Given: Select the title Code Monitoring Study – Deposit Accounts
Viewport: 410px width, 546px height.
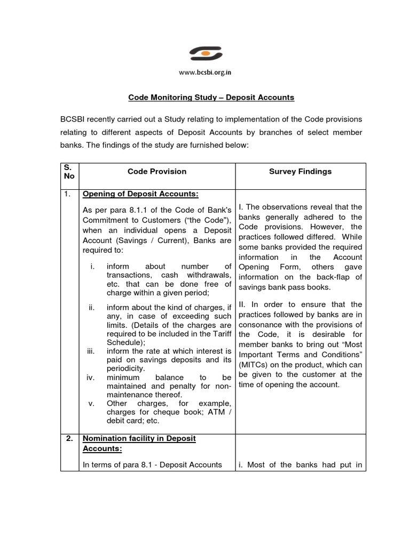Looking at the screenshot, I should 211,98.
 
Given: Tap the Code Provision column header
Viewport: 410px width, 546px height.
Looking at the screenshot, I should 157,171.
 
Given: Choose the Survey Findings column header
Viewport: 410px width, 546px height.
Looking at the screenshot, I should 300,171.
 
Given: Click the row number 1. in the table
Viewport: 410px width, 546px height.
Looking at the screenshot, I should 68,194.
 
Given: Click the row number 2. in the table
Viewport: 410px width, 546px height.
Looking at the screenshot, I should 69,438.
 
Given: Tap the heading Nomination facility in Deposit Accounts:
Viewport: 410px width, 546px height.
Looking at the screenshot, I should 139,443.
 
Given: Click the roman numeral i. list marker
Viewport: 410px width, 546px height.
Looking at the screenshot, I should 93,266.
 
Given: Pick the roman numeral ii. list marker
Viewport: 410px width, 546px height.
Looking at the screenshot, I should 92,307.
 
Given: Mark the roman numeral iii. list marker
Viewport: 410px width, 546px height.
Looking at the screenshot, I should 91,351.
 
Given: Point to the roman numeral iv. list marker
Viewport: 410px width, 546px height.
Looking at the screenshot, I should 91,377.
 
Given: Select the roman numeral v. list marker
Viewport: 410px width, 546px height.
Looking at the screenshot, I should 92,403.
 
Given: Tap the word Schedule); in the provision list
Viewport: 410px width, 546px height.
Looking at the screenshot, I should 125,342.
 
